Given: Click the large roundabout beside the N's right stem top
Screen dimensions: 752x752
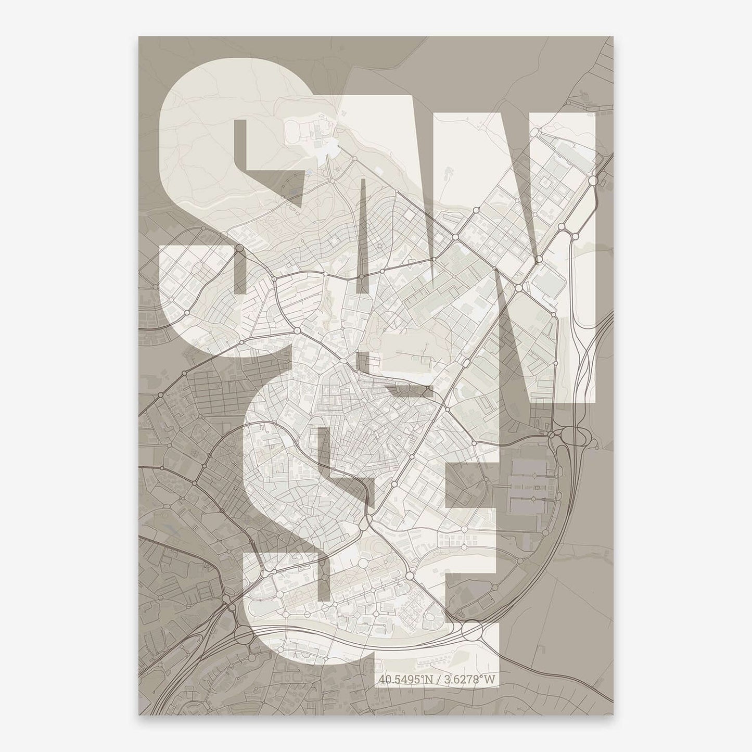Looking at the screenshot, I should (x=593, y=180).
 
